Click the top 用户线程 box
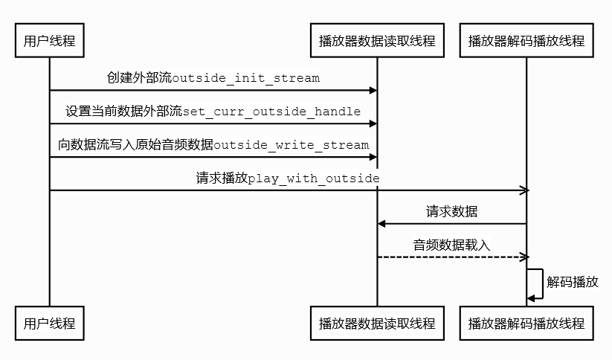click(x=50, y=41)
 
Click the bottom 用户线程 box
click(x=50, y=324)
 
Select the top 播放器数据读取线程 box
click(x=377, y=41)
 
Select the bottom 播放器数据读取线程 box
click(x=377, y=324)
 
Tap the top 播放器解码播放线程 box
click(x=526, y=41)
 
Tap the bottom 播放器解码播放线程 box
click(x=526, y=324)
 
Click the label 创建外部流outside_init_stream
click(x=213, y=78)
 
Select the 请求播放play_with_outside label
click(x=288, y=179)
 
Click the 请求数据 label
click(x=451, y=212)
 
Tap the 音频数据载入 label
click(x=451, y=245)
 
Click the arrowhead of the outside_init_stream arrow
click(x=373, y=90)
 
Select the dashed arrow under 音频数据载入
click(x=451, y=257)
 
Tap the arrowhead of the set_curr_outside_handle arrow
click(x=373, y=123)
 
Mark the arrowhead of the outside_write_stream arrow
click(x=373, y=157)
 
